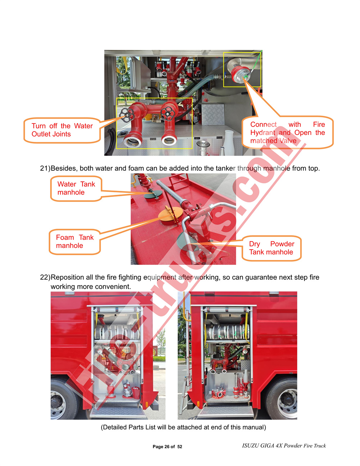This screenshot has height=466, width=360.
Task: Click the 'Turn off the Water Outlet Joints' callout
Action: tap(62, 130)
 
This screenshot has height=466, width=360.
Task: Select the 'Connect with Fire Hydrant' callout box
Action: tap(287, 133)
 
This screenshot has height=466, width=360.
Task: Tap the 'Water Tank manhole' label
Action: tap(76, 188)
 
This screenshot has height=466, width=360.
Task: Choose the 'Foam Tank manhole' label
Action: tap(75, 242)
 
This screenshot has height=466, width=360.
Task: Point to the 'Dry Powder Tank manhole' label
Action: tap(271, 248)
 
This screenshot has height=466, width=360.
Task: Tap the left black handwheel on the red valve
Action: tap(127, 115)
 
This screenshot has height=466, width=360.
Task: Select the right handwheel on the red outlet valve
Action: tap(167, 113)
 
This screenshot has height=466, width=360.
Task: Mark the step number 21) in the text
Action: tap(45, 169)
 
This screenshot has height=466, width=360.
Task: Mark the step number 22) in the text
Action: tap(45, 277)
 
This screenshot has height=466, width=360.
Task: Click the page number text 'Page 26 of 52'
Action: tap(167, 447)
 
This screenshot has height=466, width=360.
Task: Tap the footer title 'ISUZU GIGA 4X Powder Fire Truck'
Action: tap(284, 446)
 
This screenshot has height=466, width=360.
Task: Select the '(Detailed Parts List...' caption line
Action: tap(183, 427)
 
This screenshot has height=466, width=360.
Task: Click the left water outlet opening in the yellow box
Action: tap(132, 140)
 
